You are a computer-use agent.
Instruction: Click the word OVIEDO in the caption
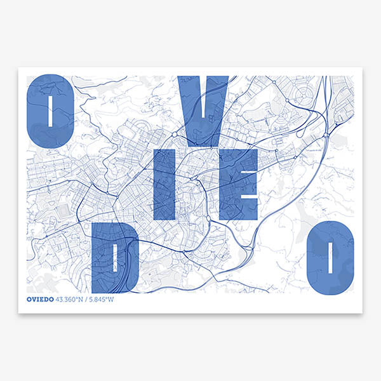41,298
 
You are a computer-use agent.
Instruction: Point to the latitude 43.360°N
71,298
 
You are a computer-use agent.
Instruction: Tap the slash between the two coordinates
88,298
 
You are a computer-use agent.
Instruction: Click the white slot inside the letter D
116,257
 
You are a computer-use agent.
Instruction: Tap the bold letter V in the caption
33,298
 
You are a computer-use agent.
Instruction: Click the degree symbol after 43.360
81,297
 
